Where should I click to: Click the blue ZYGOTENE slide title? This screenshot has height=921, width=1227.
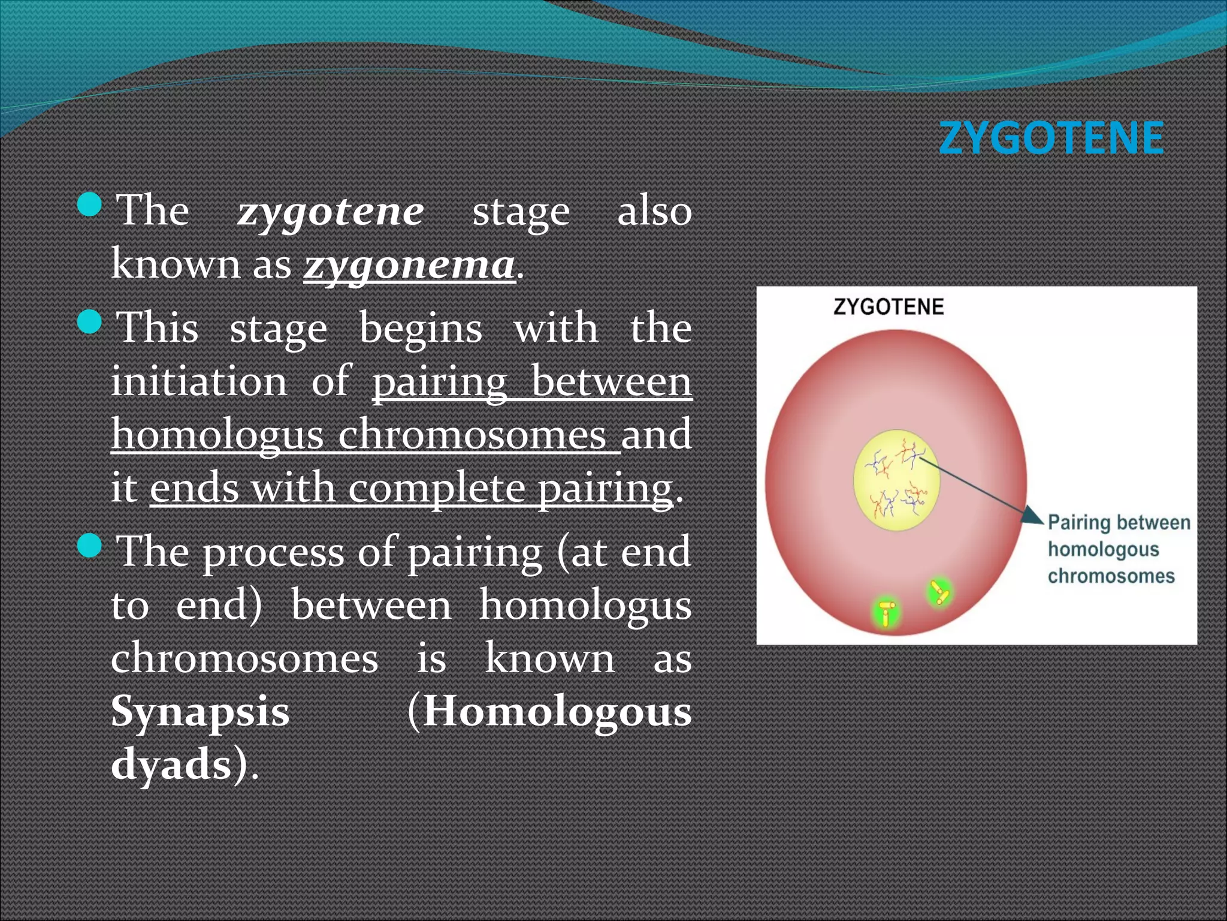[1051, 138]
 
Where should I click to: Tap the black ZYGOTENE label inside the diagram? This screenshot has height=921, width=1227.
[888, 307]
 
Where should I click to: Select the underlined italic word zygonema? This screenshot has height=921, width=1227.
[409, 264]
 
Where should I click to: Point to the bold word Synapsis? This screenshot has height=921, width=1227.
[200, 711]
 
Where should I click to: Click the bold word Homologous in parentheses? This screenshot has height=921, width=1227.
[557, 711]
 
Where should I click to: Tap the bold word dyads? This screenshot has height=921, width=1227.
[171, 764]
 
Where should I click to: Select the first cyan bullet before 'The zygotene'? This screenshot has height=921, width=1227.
[90, 204]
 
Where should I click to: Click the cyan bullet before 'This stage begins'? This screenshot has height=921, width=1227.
[90, 322]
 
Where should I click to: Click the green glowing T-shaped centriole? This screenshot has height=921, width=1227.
[887, 612]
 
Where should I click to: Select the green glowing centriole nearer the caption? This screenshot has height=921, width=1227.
[938, 592]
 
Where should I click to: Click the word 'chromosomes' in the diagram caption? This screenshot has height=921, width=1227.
[1111, 576]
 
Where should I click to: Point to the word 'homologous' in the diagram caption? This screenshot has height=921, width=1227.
[1103, 549]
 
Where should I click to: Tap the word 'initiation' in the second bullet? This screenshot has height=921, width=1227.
[199, 381]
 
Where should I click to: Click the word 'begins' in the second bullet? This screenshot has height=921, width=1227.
[420, 329]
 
